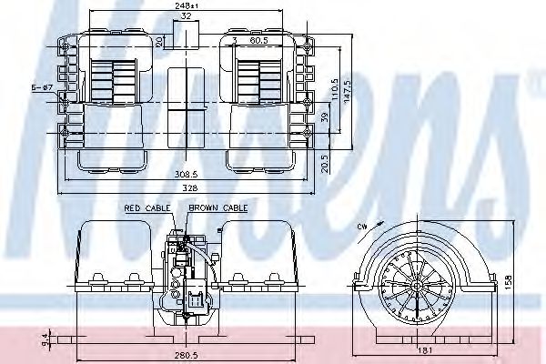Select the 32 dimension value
186,15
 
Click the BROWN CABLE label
218,209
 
